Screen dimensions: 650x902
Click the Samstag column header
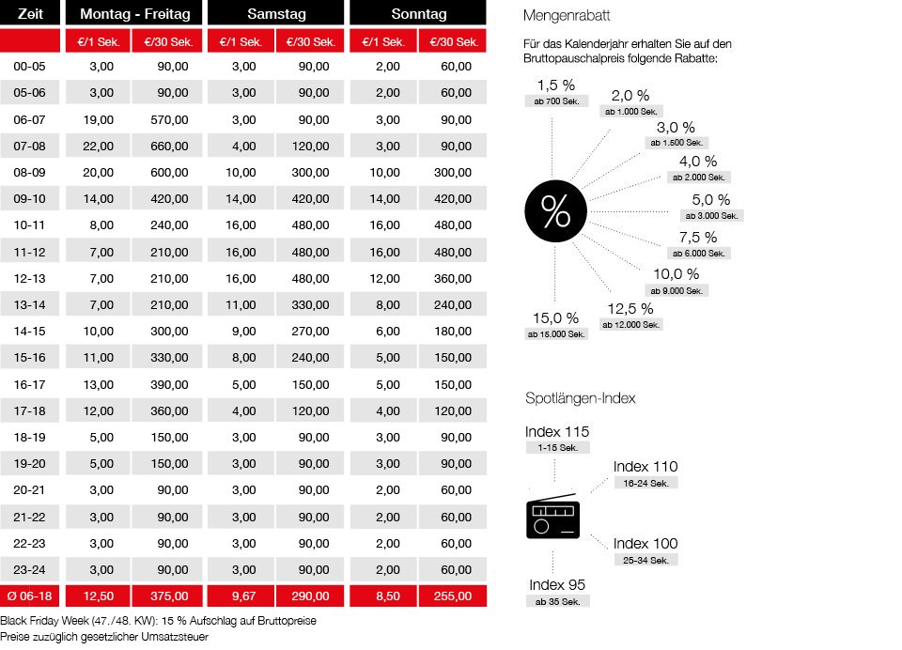[x=277, y=14]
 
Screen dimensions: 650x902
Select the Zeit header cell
[x=30, y=14]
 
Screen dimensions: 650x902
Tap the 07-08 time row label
[x=30, y=146]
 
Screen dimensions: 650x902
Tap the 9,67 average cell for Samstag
[x=242, y=595]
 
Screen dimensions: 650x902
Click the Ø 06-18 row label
[x=30, y=595]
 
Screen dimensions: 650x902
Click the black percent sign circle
[x=555, y=213]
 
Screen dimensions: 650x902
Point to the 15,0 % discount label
[x=554, y=317]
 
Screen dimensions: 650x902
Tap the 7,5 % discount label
[x=697, y=238]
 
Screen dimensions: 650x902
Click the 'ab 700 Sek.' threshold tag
[x=555, y=101]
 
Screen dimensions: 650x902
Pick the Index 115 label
[x=557, y=432]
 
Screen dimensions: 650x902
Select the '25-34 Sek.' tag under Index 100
[x=645, y=560]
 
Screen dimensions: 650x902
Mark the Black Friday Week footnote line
[x=159, y=622]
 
